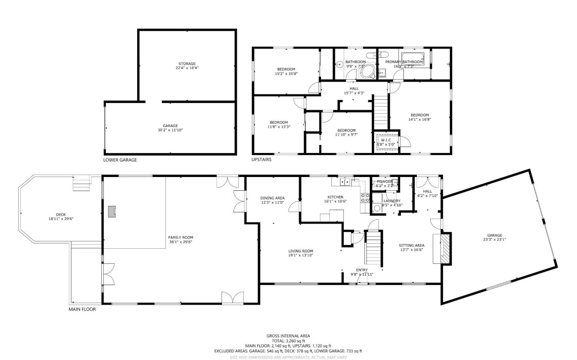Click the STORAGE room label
pyautogui.click(x=187, y=64)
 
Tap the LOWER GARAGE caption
pyautogui.click(x=120, y=160)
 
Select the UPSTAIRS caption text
pyautogui.click(x=261, y=159)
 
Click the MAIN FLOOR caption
pyautogui.click(x=82, y=309)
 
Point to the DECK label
pyautogui.click(x=61, y=215)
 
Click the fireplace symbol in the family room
pyautogui.click(x=112, y=211)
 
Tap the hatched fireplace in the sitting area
pyautogui.click(x=445, y=249)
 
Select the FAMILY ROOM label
pyautogui.click(x=180, y=237)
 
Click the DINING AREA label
pyautogui.click(x=272, y=198)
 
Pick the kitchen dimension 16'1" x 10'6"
pyautogui.click(x=335, y=201)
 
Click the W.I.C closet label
pyautogui.click(x=386, y=140)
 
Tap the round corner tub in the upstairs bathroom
pyautogui.click(x=367, y=72)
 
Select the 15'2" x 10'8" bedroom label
pyautogui.click(x=286, y=74)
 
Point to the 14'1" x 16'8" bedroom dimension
pyautogui.click(x=420, y=119)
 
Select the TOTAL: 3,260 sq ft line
pyautogui.click(x=288, y=341)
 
